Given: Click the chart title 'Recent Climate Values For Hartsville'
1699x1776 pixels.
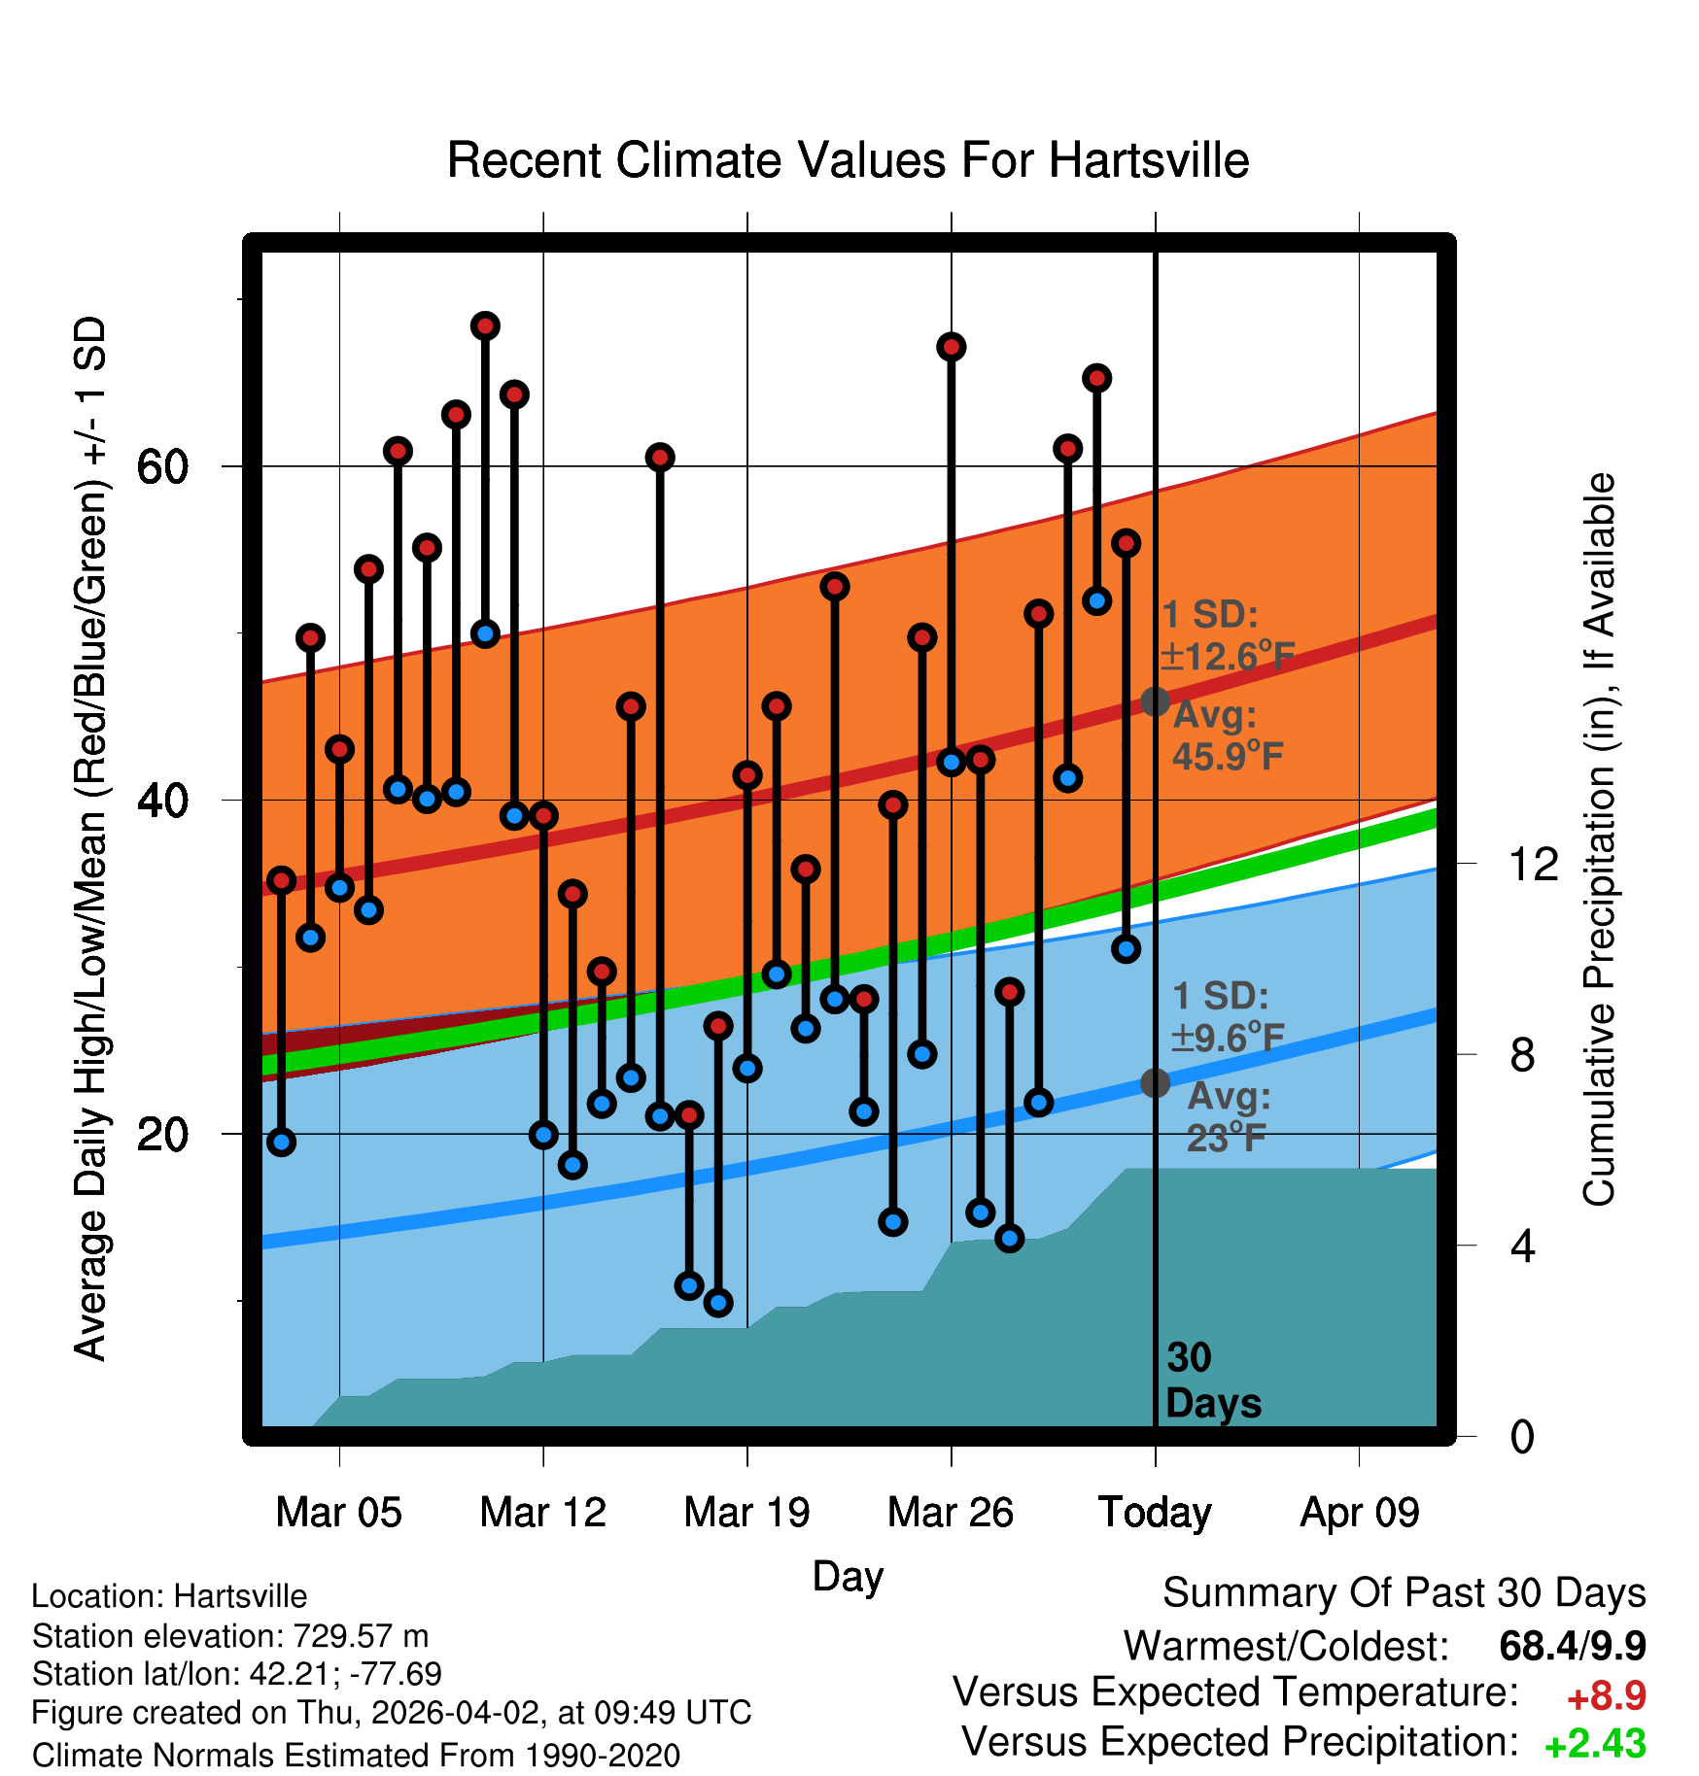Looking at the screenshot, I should click(x=848, y=160).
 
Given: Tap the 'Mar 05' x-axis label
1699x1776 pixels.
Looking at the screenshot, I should click(x=338, y=1513).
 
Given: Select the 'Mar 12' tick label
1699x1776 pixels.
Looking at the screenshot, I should click(x=542, y=1513).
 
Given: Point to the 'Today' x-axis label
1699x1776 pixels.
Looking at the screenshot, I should click(x=1155, y=1513).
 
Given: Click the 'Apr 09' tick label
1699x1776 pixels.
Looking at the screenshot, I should click(x=1359, y=1513).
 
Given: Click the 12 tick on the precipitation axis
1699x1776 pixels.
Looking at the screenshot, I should click(x=1533, y=864).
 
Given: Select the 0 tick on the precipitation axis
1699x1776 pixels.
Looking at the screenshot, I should click(x=1522, y=1436).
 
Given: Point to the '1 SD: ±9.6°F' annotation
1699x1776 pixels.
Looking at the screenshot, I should click(x=1227, y=1017).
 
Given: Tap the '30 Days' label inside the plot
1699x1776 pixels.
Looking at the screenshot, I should click(x=1212, y=1381).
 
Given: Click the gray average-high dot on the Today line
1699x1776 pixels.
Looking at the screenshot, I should click(x=1155, y=700).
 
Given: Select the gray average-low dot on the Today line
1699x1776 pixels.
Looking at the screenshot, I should click(x=1155, y=1081).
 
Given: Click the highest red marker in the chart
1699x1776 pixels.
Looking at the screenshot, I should click(x=485, y=325).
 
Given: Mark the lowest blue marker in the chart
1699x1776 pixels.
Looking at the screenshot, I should click(x=718, y=1303).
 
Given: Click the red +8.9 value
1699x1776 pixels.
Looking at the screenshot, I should click(x=1606, y=1696).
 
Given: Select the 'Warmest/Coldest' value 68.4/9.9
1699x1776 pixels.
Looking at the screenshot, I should click(x=1572, y=1647).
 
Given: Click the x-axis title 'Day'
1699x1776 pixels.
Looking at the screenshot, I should click(x=848, y=1577).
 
